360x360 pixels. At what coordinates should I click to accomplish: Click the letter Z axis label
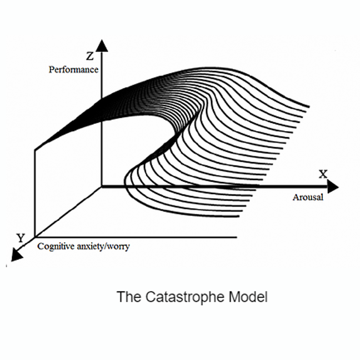(90, 56)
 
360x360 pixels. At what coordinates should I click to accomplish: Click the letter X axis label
(323, 174)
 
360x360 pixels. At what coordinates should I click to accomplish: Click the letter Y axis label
(21, 238)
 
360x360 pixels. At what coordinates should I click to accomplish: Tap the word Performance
(73, 69)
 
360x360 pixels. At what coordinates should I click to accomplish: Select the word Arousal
(308, 198)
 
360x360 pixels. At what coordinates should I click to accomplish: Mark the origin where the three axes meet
(102, 187)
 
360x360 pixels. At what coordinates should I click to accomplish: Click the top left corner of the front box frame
(35, 148)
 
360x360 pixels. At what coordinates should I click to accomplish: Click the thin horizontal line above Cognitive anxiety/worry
(139, 237)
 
